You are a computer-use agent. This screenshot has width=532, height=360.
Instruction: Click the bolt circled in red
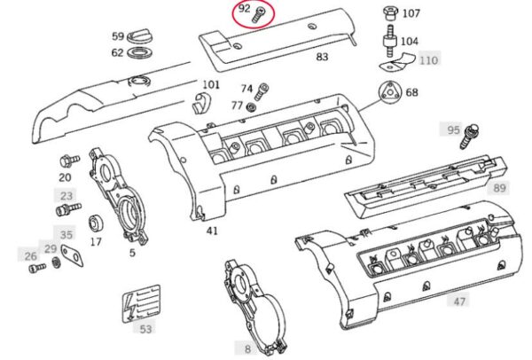point(259,14)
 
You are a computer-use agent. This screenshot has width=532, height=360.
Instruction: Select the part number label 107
point(411,13)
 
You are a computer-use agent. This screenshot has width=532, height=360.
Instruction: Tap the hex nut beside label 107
point(391,13)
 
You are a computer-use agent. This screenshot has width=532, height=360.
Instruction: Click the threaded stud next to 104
point(390,41)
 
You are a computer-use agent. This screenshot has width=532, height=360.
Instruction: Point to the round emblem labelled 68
point(390,92)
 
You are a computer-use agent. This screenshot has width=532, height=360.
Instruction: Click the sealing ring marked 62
point(139,53)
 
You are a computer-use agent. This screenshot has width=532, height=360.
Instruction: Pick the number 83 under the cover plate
point(322,57)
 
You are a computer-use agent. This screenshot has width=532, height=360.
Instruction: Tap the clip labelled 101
point(202,104)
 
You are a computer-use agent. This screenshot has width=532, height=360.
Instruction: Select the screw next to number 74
point(262,91)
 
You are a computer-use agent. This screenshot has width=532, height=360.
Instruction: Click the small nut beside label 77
point(251,107)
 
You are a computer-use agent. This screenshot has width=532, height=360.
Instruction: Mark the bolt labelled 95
point(469,136)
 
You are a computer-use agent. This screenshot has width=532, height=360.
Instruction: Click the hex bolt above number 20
point(69,160)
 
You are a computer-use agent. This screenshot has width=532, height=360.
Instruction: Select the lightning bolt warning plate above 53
point(141,303)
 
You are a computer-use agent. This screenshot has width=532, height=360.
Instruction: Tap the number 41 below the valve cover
point(212,231)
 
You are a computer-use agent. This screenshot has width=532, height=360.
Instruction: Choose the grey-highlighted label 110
point(429,60)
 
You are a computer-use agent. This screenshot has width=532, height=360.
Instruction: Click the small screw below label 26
point(37,268)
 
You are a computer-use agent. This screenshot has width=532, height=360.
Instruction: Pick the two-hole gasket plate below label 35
point(72,255)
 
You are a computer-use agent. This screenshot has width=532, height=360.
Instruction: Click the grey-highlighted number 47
point(459,301)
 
